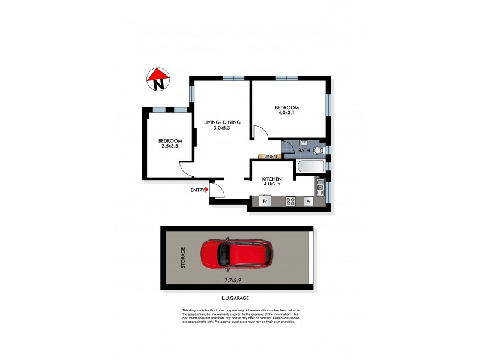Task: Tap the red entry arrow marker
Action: [x=207, y=190]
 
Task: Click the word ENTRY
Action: [x=197, y=190]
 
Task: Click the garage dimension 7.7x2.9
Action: [x=233, y=280]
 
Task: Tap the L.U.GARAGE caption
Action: [x=235, y=298]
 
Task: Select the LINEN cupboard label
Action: [x=271, y=157]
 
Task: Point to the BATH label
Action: [x=304, y=151]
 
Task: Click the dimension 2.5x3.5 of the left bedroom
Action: [x=169, y=146]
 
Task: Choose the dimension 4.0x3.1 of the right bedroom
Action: [x=287, y=112]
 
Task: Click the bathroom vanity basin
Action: [x=304, y=143]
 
